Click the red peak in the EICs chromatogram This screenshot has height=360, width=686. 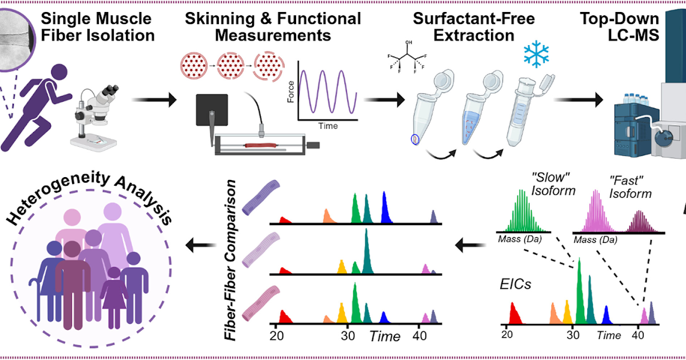click(x=514, y=314)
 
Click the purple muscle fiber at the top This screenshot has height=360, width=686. click(x=259, y=197)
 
